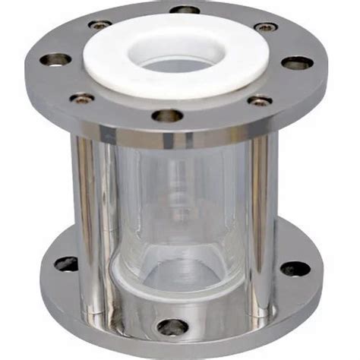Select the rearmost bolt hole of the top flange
[185, 10]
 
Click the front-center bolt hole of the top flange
[167, 115]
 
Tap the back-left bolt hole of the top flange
[99, 25]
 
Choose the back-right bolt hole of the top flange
[266, 27]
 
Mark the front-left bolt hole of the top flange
[82, 98]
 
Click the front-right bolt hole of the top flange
[261, 99]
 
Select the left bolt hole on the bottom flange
[66, 264]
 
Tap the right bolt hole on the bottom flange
[295, 267]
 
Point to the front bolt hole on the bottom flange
[172, 327]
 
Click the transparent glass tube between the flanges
[178, 197]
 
